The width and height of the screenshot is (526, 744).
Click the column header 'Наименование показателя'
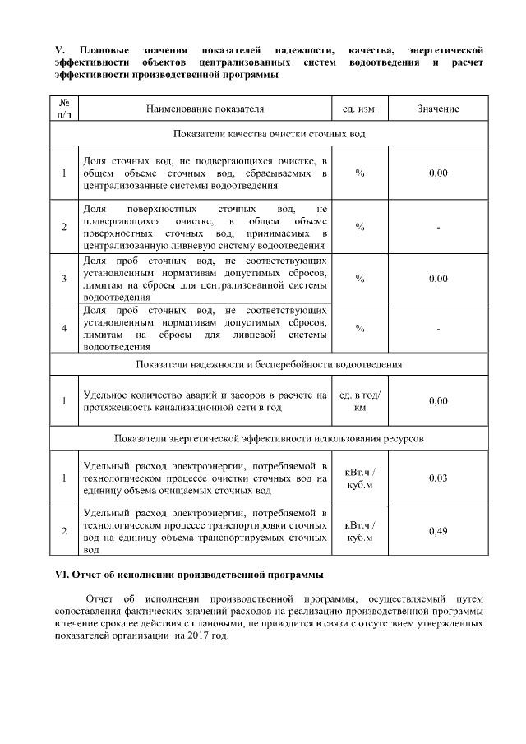[205, 109]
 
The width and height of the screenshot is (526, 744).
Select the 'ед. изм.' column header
[359, 109]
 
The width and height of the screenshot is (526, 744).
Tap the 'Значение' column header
[437, 109]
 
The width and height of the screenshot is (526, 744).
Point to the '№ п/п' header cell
[64, 109]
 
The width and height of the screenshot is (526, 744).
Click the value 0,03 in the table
[437, 478]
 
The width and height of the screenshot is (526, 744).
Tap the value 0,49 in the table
[437, 531]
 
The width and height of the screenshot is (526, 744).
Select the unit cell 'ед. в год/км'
[359, 401]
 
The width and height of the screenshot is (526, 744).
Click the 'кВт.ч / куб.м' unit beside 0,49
[359, 531]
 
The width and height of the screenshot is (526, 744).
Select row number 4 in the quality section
[64, 329]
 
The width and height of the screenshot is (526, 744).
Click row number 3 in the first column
[64, 279]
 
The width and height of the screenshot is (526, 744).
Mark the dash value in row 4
[437, 329]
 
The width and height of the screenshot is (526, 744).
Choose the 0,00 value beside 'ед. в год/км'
[437, 401]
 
